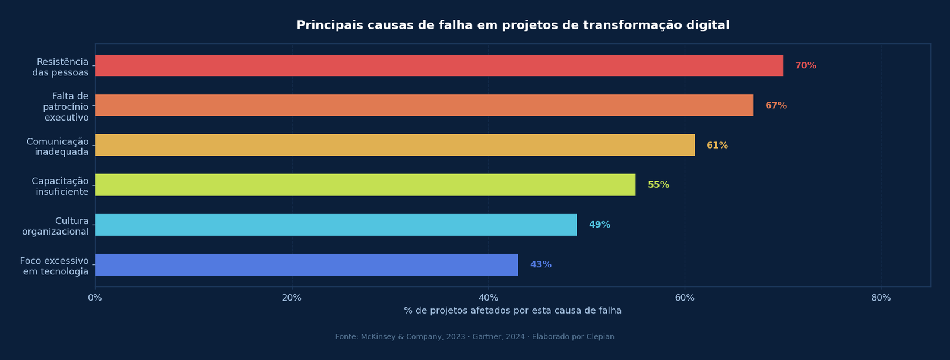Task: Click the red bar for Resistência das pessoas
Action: click(439, 65)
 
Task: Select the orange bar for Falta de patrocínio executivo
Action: click(424, 105)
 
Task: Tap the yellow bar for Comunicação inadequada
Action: click(395, 145)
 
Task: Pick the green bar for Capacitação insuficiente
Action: click(365, 185)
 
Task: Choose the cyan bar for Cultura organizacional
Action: click(335, 225)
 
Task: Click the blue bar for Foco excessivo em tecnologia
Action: click(306, 264)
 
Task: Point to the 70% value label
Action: click(806, 65)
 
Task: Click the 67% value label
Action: click(776, 105)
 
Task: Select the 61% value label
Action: click(717, 145)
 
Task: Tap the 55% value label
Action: click(658, 185)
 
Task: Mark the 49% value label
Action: click(600, 225)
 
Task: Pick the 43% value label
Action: click(541, 264)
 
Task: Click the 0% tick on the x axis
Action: click(95, 298)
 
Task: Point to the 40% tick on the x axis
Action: click(488, 298)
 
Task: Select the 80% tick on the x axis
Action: click(881, 298)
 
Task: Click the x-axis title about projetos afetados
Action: click(513, 311)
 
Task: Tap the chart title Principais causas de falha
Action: click(513, 26)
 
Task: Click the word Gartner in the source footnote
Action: click(487, 337)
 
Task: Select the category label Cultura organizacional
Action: click(55, 226)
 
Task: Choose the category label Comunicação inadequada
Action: click(58, 147)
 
